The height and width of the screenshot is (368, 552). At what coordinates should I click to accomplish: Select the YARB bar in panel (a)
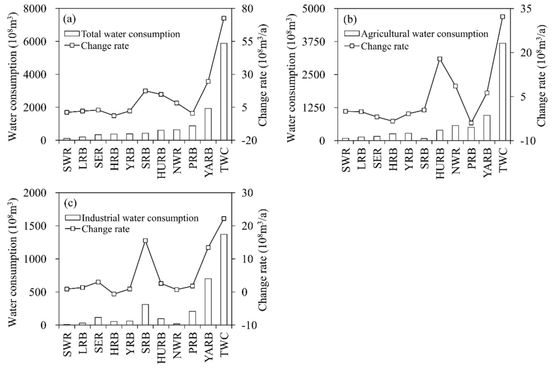pos(208,124)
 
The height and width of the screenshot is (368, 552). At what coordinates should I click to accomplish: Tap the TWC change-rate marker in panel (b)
pos(502,17)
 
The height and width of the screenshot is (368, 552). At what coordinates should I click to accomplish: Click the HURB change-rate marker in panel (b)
pos(439,59)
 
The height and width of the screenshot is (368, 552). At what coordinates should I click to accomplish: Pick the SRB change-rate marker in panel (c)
pos(145,241)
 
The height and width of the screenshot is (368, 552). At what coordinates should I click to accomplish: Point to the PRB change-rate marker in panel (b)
pos(471,123)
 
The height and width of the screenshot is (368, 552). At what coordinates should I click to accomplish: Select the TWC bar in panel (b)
pos(502,92)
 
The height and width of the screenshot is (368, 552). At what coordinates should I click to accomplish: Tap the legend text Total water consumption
pos(130,33)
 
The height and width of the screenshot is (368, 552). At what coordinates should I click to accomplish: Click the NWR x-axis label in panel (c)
pos(177,344)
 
